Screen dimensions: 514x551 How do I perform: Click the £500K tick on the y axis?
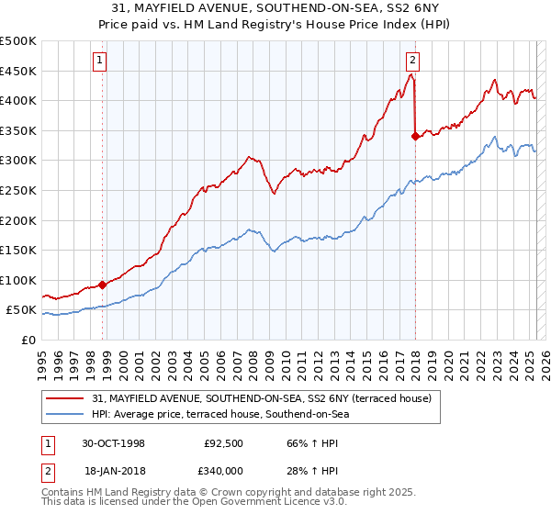tap(18, 41)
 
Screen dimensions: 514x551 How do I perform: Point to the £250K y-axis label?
tap(18, 190)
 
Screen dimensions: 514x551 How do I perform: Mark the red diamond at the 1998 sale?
tap(102, 285)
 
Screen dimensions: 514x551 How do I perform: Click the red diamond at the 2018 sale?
tap(415, 136)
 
